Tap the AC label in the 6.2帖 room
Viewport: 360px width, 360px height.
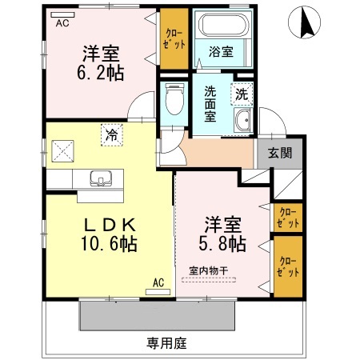[62, 23]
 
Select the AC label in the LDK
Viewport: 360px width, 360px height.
[158, 282]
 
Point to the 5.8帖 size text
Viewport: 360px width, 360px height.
[222, 241]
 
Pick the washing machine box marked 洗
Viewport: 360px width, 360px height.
[242, 93]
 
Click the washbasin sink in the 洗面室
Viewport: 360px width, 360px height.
[242, 122]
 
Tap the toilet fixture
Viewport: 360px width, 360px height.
[171, 101]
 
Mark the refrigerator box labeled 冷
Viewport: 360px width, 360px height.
[111, 135]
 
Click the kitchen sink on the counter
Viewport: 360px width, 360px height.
[101, 178]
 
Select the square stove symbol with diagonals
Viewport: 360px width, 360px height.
[62, 149]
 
